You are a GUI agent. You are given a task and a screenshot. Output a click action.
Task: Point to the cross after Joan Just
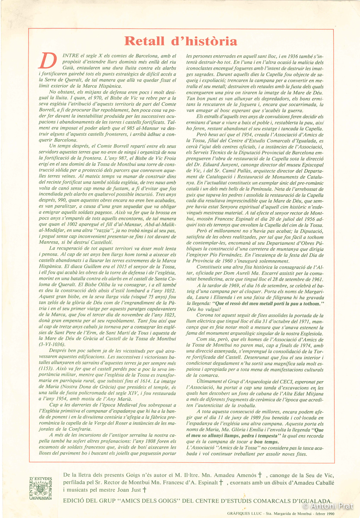point(145,490)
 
